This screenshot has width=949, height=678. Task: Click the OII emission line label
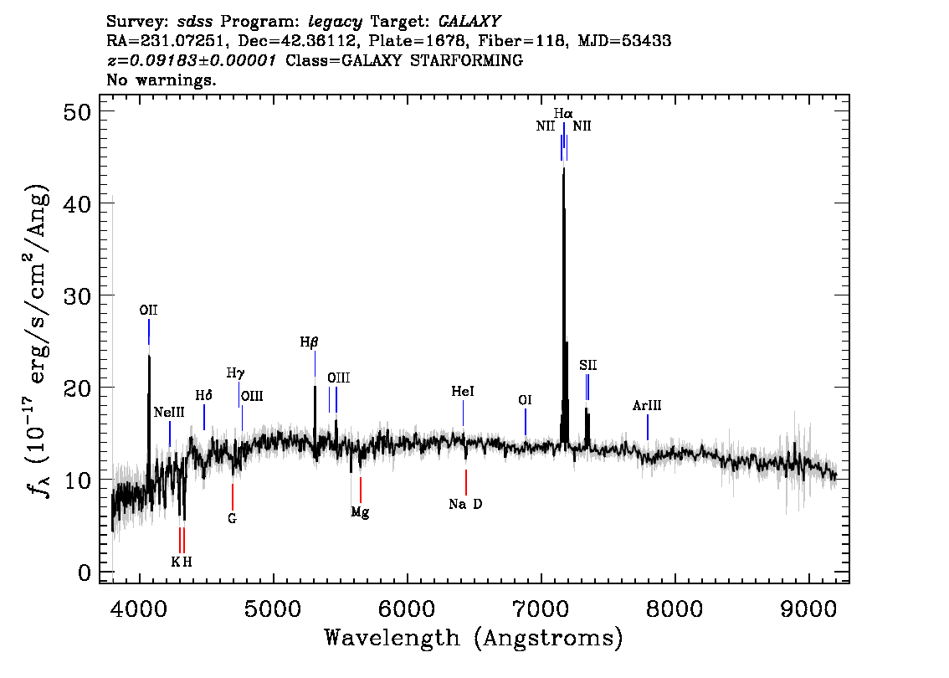click(x=149, y=310)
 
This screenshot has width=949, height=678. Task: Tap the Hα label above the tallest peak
click(x=563, y=112)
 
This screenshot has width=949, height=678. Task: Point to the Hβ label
click(x=310, y=342)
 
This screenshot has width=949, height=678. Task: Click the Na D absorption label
click(x=465, y=504)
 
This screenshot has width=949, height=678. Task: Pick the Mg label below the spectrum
click(x=360, y=512)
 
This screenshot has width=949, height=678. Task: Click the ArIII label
click(x=647, y=406)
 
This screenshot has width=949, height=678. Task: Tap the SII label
click(x=587, y=365)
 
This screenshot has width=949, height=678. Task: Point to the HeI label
click(x=463, y=391)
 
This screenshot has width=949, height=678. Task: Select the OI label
click(x=525, y=400)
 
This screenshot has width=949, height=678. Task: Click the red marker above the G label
click(x=233, y=496)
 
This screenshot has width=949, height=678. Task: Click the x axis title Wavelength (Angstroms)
click(x=474, y=639)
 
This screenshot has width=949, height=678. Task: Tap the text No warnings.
click(x=161, y=80)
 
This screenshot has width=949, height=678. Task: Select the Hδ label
click(x=204, y=395)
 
